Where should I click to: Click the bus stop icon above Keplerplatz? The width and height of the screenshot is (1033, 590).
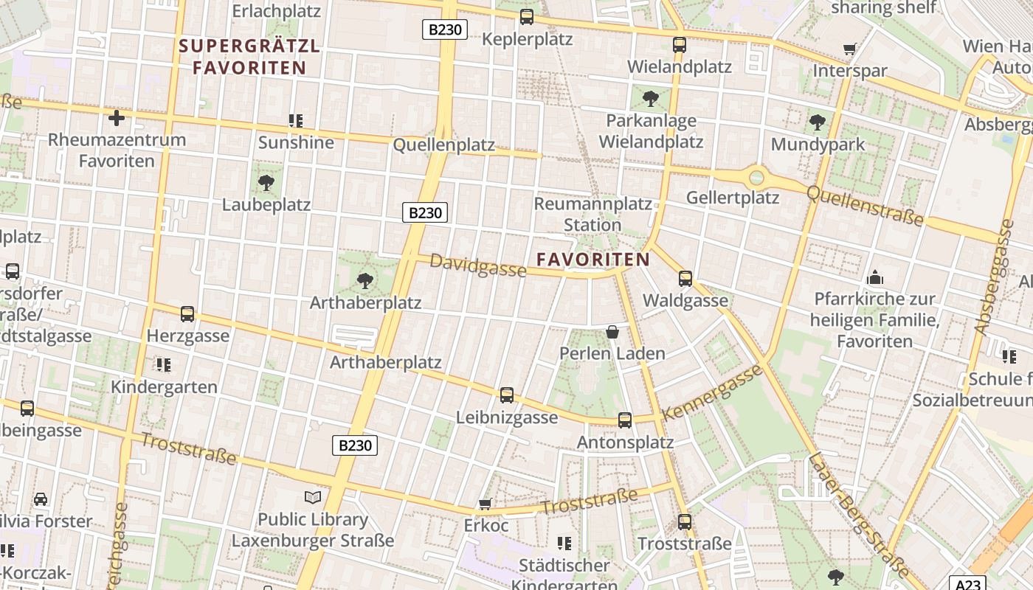point(526,16)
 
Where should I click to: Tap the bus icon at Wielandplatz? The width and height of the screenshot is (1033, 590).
point(680,44)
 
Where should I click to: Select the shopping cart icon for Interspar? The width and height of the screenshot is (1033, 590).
point(850,49)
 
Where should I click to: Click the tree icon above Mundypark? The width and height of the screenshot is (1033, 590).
point(817,122)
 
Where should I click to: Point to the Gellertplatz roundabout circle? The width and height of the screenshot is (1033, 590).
point(756,177)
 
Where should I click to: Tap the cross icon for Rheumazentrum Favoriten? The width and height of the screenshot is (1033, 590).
point(117,117)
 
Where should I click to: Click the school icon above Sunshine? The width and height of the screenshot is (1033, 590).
point(296,120)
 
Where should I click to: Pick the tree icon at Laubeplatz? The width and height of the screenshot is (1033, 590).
point(266,183)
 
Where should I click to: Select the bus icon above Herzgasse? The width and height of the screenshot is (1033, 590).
point(187,314)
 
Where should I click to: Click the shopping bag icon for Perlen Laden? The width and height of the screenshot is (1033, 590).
point(612,332)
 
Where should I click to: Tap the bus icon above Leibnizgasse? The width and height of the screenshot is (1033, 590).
point(507,395)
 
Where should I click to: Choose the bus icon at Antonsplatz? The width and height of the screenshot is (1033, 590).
point(625,420)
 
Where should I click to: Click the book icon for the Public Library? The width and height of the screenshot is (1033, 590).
point(313,497)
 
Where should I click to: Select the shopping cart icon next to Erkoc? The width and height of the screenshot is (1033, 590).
point(486,504)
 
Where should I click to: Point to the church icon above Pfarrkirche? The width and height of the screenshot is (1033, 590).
point(875,278)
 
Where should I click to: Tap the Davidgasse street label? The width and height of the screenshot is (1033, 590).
point(478,265)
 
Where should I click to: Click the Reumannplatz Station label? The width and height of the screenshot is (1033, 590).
point(592,214)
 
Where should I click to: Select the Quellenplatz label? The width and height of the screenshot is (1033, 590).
point(443,145)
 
